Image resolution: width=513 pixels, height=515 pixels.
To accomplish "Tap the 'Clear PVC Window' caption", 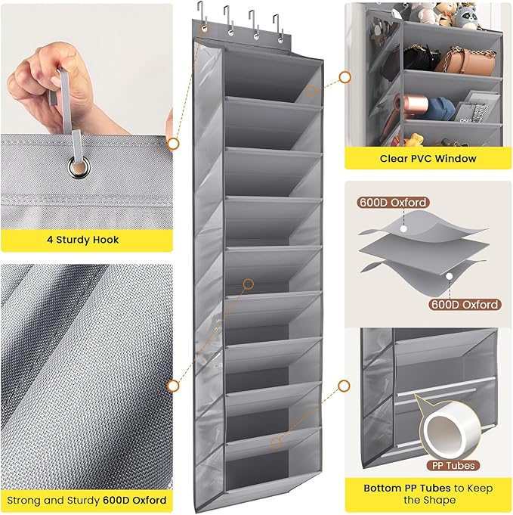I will (x=428, y=159).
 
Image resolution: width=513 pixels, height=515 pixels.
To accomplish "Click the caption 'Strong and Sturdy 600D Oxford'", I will (x=85, y=500).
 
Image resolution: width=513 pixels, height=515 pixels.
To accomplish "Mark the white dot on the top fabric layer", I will (x=403, y=226).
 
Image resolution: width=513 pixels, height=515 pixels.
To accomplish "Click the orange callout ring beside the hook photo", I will (x=173, y=143).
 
